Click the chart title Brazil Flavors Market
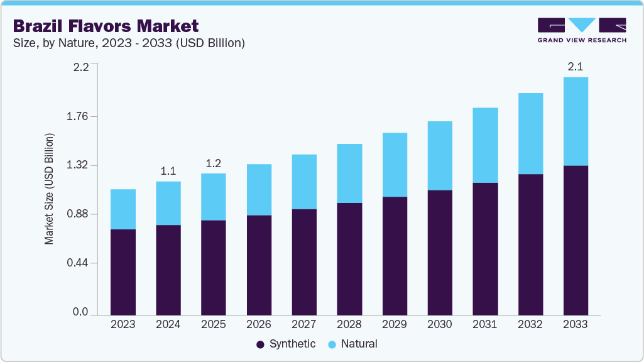(x=106, y=26)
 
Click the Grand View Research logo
(x=582, y=30)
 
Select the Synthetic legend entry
(x=286, y=344)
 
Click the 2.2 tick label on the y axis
(x=81, y=67)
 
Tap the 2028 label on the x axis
(x=349, y=324)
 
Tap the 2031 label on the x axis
(x=485, y=324)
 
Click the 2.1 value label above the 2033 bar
(x=576, y=67)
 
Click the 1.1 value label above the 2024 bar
(x=168, y=171)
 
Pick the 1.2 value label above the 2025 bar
(x=214, y=163)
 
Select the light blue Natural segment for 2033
(x=576, y=121)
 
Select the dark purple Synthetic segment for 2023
(x=123, y=271)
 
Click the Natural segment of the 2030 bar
(x=440, y=155)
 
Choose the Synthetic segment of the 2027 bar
(x=304, y=261)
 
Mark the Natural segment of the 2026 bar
(x=259, y=189)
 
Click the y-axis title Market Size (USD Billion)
(x=49, y=189)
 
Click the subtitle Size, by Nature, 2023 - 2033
(x=129, y=43)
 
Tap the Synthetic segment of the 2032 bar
(x=530, y=244)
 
